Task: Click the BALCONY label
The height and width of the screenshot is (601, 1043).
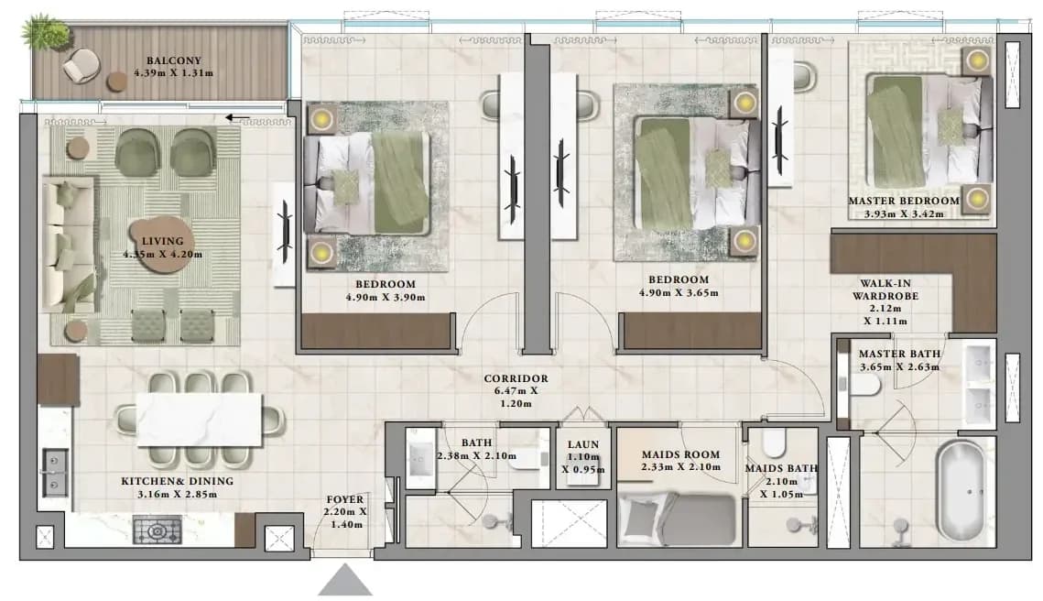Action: [x=174, y=60]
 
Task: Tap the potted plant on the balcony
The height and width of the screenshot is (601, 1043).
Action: [x=45, y=30]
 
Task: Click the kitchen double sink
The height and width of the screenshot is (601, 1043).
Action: [x=55, y=473]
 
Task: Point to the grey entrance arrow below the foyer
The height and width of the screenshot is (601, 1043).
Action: [x=344, y=580]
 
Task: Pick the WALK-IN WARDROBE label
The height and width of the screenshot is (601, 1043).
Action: [x=885, y=290]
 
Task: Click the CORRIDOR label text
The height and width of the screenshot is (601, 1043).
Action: [x=516, y=378]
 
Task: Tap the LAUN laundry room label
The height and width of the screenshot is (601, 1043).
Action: [x=583, y=444]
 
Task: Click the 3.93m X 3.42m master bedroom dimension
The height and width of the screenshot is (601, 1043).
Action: [x=904, y=214]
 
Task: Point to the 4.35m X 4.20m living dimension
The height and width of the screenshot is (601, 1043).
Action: [x=163, y=255]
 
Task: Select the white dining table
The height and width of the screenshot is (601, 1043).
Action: [x=199, y=420]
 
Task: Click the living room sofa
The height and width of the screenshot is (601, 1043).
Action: [x=68, y=244]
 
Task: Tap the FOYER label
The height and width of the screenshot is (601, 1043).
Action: [x=345, y=499]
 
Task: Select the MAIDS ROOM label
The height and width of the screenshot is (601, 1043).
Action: [x=681, y=454]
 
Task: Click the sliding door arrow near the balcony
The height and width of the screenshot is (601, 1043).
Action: [x=237, y=118]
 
